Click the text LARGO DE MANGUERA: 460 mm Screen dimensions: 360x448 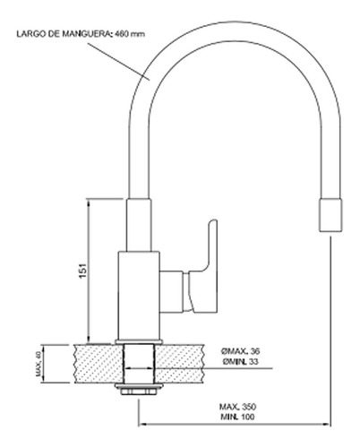[81, 34]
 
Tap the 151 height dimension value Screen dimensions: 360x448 [83, 271]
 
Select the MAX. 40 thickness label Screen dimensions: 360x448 [39, 364]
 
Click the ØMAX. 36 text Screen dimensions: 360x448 [240, 351]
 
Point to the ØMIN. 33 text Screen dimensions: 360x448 [240, 362]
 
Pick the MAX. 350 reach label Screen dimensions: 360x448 [238, 407]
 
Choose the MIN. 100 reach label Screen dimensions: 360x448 [237, 417]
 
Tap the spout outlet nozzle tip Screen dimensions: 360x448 [330, 215]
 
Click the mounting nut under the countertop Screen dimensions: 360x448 [139, 389]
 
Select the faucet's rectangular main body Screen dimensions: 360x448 [139, 296]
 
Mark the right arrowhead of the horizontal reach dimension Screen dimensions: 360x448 [328, 424]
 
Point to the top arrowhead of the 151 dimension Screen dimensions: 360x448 [88, 202]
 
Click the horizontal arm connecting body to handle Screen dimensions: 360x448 [171, 292]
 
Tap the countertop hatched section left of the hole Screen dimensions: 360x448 [99, 364]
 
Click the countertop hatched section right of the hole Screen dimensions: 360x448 [180, 364]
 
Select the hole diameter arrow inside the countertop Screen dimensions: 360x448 [139, 368]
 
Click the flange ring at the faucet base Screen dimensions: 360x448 [139, 342]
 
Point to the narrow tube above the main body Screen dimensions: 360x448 [139, 225]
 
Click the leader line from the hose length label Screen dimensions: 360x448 [117, 61]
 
